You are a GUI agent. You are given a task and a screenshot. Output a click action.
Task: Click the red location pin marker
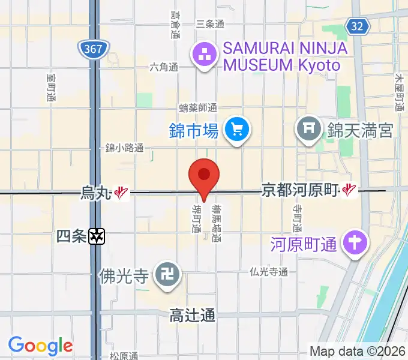[x=204, y=176]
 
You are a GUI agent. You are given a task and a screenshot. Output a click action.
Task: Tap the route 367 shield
[x=92, y=47]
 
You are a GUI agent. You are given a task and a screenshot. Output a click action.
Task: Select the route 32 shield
[x=356, y=25]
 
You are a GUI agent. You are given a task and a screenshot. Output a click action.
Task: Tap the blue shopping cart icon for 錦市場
[x=236, y=128]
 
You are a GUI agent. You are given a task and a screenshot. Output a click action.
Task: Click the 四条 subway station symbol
[x=97, y=236]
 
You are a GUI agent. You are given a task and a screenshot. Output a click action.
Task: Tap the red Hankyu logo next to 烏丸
[x=122, y=193]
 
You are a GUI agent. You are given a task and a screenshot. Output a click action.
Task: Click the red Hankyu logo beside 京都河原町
[x=349, y=191]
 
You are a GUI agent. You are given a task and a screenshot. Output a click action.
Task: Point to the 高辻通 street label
[x=192, y=314]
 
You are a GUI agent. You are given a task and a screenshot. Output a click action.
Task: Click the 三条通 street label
[x=210, y=25]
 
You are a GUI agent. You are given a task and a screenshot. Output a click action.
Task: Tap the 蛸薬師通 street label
[x=198, y=108]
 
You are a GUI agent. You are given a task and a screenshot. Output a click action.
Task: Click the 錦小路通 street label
[x=124, y=148]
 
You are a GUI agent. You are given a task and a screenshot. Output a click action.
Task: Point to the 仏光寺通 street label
[x=269, y=272]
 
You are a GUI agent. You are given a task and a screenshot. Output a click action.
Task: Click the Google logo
[x=40, y=346]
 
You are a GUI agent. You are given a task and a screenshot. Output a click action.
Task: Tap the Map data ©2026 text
[x=356, y=350]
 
